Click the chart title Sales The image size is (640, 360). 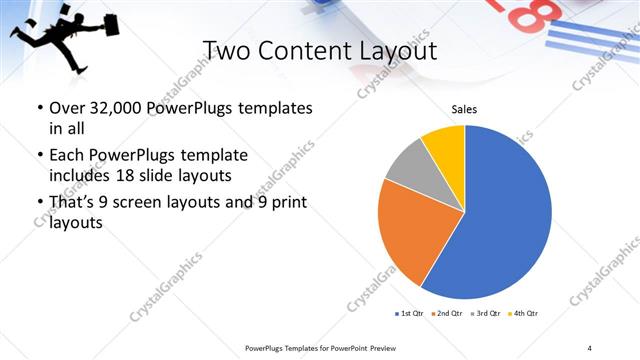[463, 109]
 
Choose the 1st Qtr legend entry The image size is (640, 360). [410, 314]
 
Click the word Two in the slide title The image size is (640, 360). [226, 51]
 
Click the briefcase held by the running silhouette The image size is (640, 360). [82, 24]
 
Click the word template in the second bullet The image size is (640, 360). [214, 156]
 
